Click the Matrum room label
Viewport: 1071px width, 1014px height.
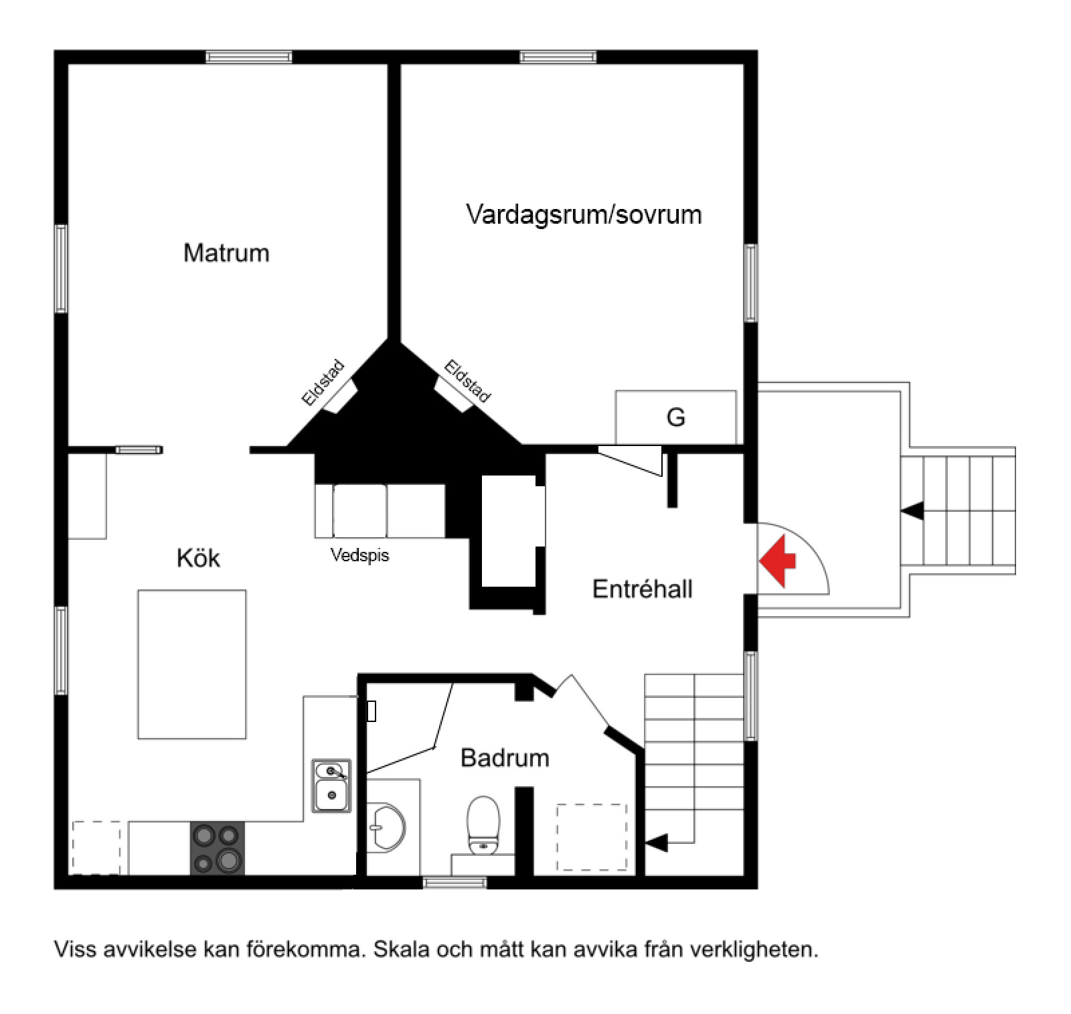point(226,252)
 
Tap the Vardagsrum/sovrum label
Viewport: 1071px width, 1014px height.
point(584,214)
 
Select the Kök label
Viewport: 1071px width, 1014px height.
point(198,557)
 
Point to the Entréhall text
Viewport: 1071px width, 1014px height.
point(643,589)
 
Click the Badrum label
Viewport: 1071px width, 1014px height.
point(505,757)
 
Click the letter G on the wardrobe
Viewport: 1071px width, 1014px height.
point(676,417)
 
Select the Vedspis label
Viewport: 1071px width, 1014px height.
point(359,555)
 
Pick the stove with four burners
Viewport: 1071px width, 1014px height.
point(218,848)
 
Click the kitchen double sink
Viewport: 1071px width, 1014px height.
point(331,786)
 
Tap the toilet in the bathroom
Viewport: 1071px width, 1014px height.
point(483,825)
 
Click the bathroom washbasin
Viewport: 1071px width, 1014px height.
point(386,828)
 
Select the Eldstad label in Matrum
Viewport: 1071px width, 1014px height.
point(323,383)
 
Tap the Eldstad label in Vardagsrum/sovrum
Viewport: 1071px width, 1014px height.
point(468,382)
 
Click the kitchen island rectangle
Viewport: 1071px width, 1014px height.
point(192,664)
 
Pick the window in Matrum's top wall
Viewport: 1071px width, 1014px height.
point(248,57)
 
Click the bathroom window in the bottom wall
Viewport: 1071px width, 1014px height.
point(455,883)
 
